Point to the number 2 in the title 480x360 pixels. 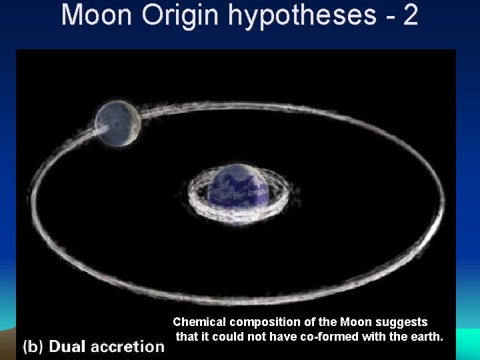(x=409, y=15)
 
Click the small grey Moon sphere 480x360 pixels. (x=117, y=123)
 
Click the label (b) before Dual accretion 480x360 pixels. (x=33, y=347)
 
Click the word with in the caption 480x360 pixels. (x=374, y=337)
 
